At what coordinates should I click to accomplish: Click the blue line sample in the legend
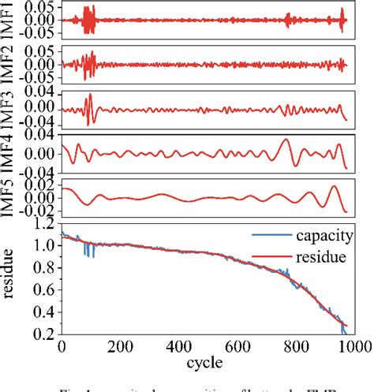click(x=265, y=235)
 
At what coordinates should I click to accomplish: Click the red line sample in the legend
click(x=265, y=256)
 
